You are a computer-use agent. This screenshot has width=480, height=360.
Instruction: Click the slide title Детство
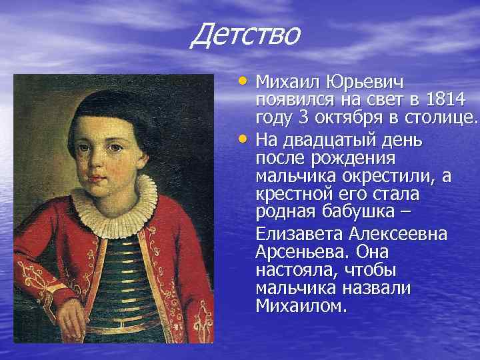245,35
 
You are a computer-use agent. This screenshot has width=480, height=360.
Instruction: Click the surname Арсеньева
303,253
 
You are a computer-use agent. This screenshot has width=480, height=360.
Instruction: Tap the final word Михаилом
301,307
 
